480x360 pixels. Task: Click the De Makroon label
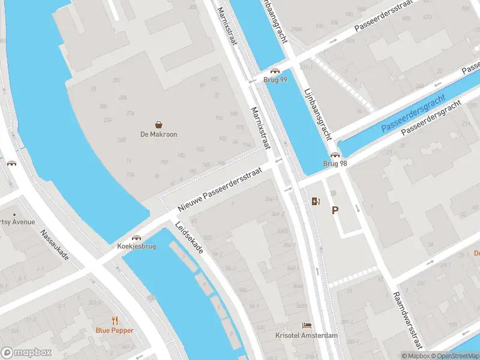point(158,134)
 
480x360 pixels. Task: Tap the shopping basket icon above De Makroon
point(159,124)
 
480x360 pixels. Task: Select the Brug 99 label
point(275,80)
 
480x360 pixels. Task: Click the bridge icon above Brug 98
point(335,155)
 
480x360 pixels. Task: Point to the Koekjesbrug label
point(137,247)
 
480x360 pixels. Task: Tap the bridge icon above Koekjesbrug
point(137,238)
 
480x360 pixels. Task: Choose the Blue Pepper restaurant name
point(115,330)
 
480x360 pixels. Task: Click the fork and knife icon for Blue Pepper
point(115,320)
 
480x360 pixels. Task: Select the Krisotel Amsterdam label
point(306,335)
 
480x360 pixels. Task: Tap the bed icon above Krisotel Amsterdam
point(307,325)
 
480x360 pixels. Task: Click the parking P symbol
point(335,210)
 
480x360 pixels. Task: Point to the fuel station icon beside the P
point(316,202)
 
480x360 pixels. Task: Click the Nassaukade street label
point(55,245)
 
